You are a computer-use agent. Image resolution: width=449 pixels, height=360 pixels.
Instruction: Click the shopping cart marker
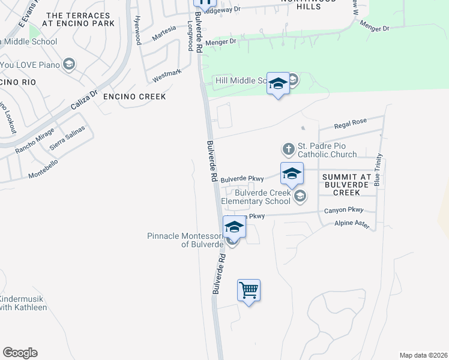coord(249,290)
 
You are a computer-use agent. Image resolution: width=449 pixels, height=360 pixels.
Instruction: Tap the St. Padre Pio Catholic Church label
coord(327,150)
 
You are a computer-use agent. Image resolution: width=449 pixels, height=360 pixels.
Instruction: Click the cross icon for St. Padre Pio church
coord(288,148)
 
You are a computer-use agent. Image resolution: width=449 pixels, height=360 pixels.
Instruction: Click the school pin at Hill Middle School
coord(278,84)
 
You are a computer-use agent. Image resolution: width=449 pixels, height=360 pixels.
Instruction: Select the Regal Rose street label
coord(351,123)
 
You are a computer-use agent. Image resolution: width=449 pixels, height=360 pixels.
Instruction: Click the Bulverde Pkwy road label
coord(242,179)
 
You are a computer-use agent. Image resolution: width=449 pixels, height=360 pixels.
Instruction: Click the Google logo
coord(20,353)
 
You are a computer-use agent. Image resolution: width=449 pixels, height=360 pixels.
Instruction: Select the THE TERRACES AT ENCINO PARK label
coord(78,20)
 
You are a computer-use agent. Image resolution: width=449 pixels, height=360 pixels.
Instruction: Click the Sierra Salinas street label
coord(65,139)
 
